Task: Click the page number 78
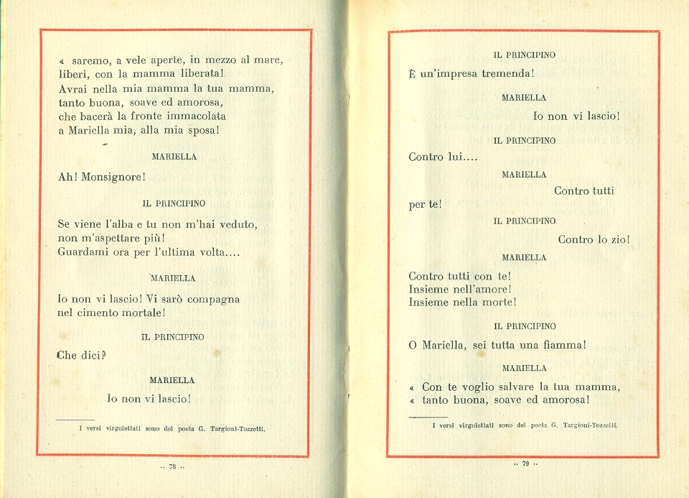(x=172, y=466)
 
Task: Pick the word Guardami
(x=82, y=252)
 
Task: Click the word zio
(x=617, y=239)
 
